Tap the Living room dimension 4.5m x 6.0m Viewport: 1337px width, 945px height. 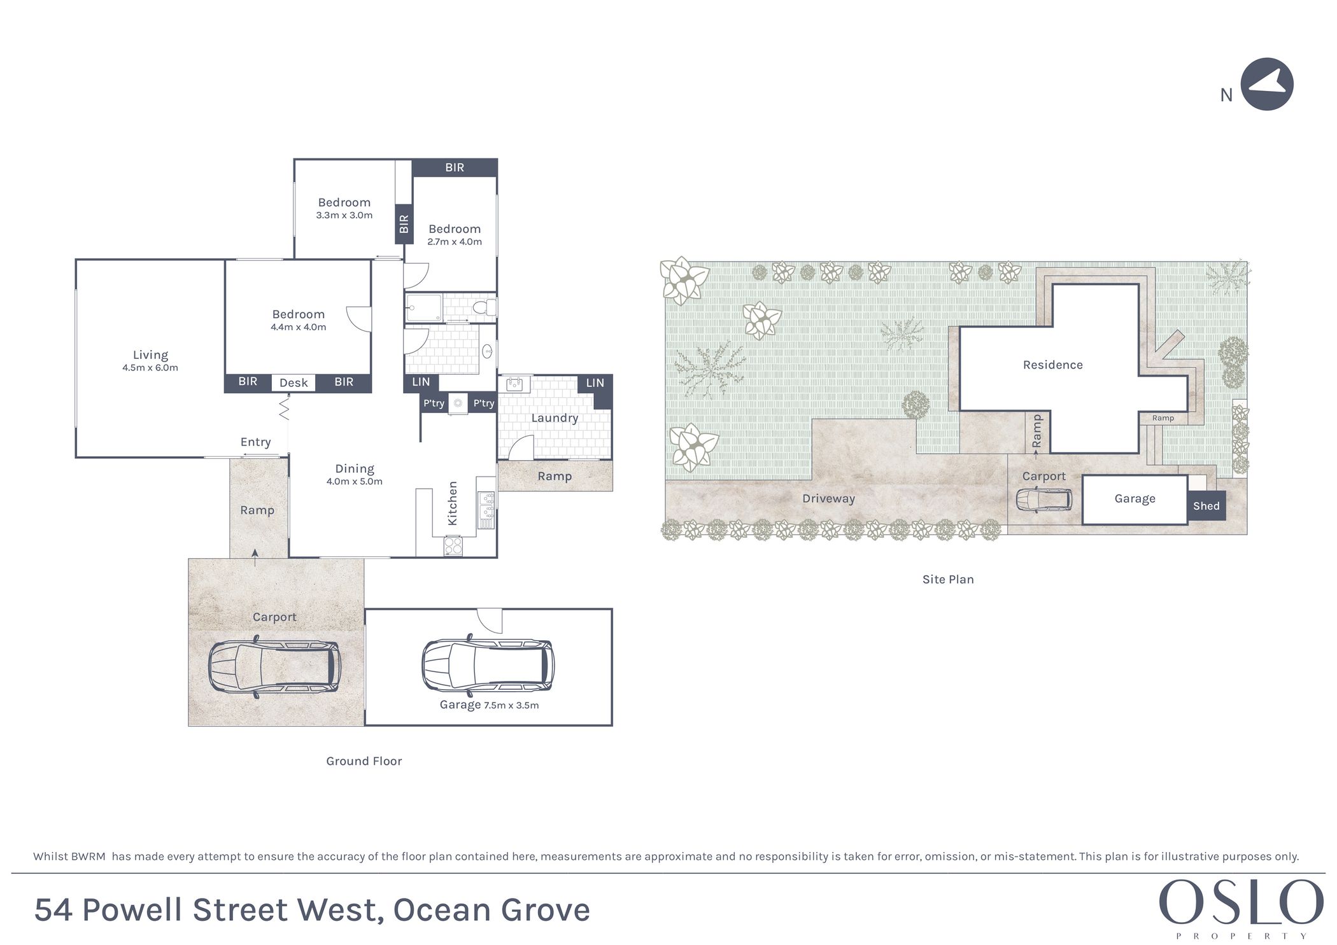pyautogui.click(x=150, y=368)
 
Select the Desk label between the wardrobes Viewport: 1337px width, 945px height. pyautogui.click(x=294, y=382)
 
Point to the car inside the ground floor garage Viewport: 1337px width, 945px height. pyautogui.click(x=488, y=666)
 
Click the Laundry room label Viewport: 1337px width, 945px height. pyautogui.click(x=555, y=418)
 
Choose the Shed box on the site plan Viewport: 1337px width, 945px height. pyautogui.click(x=1206, y=506)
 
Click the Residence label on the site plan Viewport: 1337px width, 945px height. pyautogui.click(x=1052, y=365)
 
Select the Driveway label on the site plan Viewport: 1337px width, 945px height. pyautogui.click(x=828, y=498)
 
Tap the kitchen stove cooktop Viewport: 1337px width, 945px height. pyautogui.click(x=453, y=546)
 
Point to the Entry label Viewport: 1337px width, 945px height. pyautogui.click(x=255, y=442)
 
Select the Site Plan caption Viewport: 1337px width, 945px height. pyautogui.click(x=948, y=579)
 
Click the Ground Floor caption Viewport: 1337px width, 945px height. pyautogui.click(x=364, y=761)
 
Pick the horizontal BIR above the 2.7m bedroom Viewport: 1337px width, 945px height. pyautogui.click(x=455, y=167)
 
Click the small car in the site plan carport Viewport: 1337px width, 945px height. pyautogui.click(x=1044, y=500)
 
